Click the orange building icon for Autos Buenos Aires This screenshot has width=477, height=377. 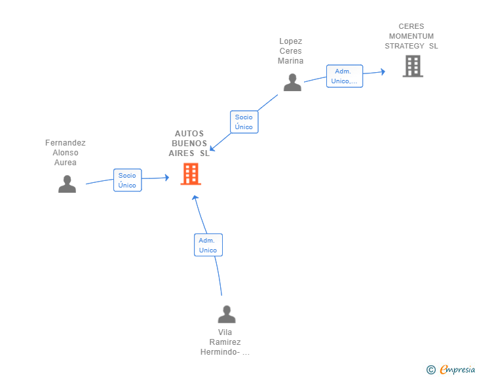coord(191,174)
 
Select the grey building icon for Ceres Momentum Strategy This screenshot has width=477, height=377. coord(413,66)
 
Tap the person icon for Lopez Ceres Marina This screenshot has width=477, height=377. coord(292,82)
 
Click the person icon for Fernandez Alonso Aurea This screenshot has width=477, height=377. coord(67,184)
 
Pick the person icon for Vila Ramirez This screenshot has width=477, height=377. coord(227,314)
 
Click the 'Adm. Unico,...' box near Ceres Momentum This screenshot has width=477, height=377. coord(345,76)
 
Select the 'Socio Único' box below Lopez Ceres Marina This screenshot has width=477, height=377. coord(244,122)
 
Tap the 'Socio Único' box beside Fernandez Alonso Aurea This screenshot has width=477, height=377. coord(128,180)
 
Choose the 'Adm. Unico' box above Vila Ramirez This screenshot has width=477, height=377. coord(208,245)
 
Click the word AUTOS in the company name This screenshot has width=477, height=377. coord(189,134)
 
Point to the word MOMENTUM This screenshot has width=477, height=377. coord(411,36)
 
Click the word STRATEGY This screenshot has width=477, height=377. coord(404,46)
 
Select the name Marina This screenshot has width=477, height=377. coord(290,61)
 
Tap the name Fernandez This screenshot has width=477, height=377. coord(66,143)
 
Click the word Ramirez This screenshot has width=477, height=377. coord(225,342)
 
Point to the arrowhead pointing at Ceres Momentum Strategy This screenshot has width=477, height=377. coord(383,71)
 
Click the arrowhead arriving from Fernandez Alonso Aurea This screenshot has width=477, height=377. coord(167,178)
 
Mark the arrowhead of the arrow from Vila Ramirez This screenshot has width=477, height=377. coord(195,198)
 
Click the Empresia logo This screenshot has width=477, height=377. coord(457,370)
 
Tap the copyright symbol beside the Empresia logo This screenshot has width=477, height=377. coord(430,370)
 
